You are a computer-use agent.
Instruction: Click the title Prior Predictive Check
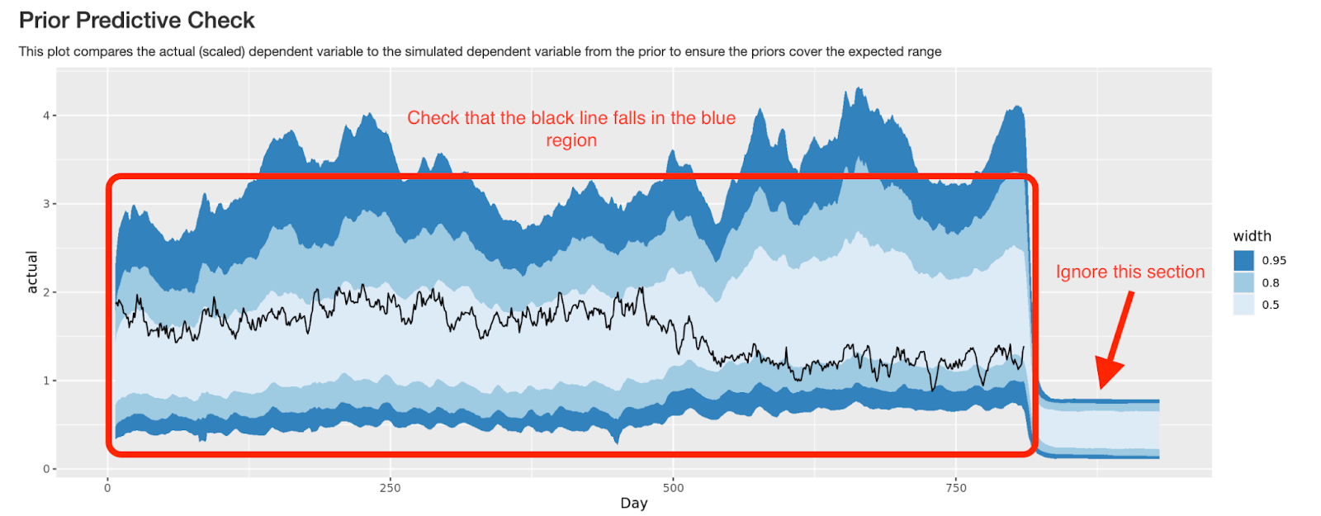click(137, 20)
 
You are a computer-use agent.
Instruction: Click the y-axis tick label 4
click(46, 116)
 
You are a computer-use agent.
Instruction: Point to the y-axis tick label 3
click(46, 204)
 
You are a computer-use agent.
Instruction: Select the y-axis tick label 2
click(46, 292)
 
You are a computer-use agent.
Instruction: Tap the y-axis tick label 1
click(46, 381)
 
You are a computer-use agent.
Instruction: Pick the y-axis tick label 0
click(46, 469)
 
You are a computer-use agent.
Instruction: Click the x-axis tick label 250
click(390, 488)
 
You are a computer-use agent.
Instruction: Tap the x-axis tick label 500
click(673, 488)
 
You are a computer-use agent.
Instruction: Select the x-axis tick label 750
click(955, 488)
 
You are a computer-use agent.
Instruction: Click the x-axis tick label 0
click(107, 488)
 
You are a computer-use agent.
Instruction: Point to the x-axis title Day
click(634, 503)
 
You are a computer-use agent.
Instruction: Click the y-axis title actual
click(32, 272)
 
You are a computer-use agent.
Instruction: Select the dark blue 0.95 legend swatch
click(1243, 260)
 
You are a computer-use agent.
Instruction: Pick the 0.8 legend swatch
click(1243, 282)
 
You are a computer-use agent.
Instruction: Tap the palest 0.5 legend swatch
click(1243, 305)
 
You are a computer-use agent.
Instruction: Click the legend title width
click(1252, 236)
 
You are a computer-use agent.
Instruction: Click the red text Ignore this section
click(1130, 272)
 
